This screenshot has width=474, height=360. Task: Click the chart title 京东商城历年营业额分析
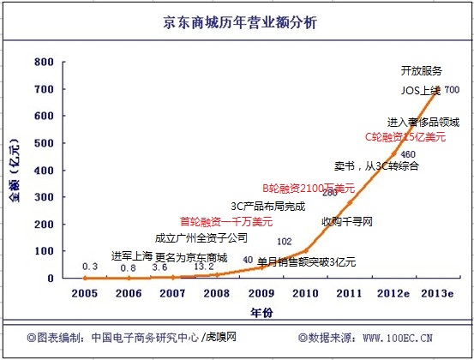pos(237,25)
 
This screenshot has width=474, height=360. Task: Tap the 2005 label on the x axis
pos(83,293)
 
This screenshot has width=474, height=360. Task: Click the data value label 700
pos(452,90)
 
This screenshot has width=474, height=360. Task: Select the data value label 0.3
pos(90,267)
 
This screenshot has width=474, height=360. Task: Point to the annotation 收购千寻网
pos(347,221)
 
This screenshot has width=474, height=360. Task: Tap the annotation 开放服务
pos(422,70)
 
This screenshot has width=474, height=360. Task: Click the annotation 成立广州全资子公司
pos(201,237)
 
